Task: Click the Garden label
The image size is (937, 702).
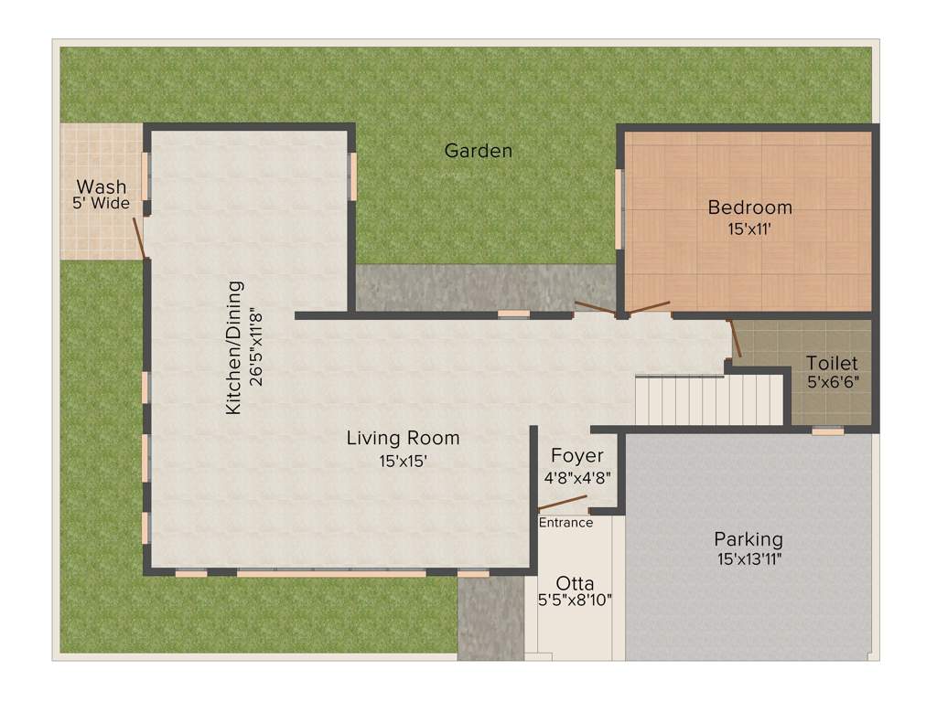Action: point(478,151)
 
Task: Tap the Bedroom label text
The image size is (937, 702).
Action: point(749,207)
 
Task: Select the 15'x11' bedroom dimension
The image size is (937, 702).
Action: point(749,230)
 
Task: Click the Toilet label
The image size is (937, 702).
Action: point(832,363)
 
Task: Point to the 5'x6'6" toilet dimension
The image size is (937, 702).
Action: point(832,382)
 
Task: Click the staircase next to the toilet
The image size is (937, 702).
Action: point(710,400)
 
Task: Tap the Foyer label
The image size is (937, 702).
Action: point(576,456)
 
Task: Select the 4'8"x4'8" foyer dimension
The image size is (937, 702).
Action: point(576,476)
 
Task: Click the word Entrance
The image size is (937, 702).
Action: point(565,523)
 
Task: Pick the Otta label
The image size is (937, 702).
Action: point(575,583)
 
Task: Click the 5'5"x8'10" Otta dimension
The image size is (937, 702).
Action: point(575,601)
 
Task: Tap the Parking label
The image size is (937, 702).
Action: point(749,539)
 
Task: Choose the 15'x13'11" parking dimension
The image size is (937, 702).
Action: point(749,558)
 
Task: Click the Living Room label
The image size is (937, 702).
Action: point(403,439)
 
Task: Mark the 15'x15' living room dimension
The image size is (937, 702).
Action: point(403,462)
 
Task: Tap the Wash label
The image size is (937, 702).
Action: point(102,187)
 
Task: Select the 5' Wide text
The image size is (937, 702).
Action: point(102,204)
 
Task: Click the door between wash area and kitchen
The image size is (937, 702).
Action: point(139,238)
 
